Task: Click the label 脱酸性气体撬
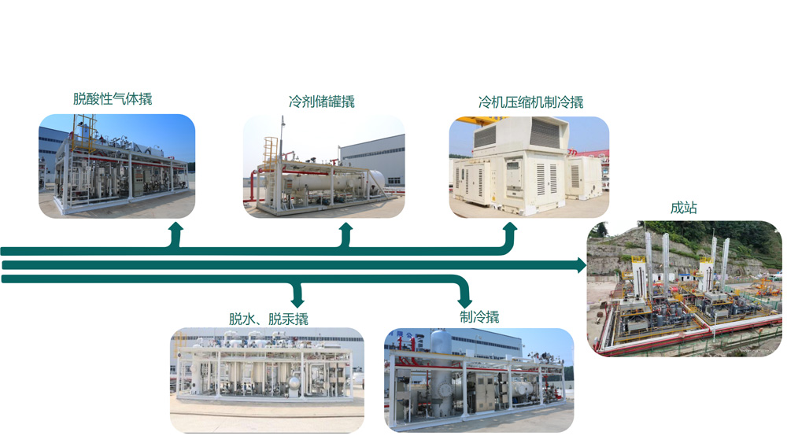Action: click(x=113, y=99)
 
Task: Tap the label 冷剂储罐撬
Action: click(x=321, y=102)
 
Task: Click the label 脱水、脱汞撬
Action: click(x=268, y=319)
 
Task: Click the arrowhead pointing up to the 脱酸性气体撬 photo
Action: click(x=176, y=228)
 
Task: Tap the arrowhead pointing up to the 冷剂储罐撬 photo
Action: click(x=345, y=228)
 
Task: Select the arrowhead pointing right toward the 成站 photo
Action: click(x=582, y=265)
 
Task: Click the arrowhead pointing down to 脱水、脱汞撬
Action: click(x=297, y=301)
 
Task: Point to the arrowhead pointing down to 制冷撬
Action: click(x=465, y=301)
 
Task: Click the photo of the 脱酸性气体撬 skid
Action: click(x=116, y=166)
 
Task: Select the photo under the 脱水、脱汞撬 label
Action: click(x=267, y=380)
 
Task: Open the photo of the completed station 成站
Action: click(x=685, y=288)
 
